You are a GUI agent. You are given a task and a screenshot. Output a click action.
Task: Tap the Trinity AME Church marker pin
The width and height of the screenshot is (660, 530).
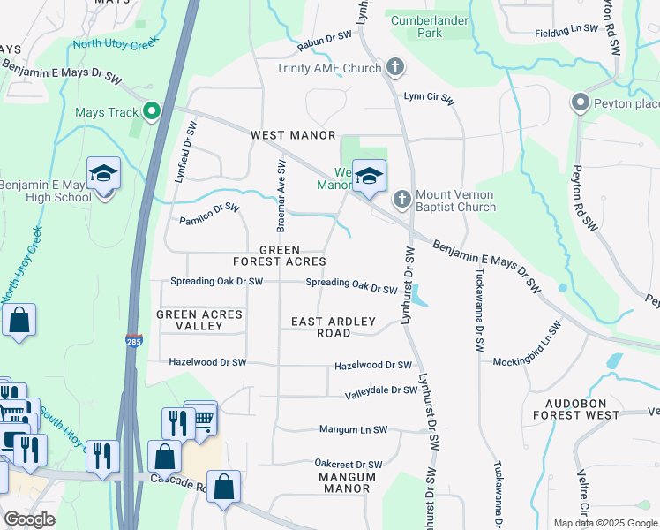point(395,68)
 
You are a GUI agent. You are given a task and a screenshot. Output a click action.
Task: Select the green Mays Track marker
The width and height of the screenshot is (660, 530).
point(152,112)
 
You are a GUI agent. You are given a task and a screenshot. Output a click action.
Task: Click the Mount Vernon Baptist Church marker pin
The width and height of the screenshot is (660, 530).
point(401,200)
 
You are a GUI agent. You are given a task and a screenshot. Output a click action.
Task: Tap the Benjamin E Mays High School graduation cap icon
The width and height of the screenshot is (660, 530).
point(103,174)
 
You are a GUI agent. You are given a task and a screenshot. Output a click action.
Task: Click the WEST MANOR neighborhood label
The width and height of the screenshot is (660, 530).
point(293,135)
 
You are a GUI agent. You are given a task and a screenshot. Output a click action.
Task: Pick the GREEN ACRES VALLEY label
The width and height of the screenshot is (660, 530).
point(190,320)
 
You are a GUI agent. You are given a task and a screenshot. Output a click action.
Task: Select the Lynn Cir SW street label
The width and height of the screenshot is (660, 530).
point(428,97)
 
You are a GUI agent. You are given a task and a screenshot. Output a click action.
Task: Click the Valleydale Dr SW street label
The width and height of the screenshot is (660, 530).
point(380,390)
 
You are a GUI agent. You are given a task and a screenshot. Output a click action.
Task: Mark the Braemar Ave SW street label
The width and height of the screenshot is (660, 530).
point(281,196)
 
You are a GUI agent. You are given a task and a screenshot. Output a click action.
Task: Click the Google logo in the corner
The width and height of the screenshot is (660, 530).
point(30,519)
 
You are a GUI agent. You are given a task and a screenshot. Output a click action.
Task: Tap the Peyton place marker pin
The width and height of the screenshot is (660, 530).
point(580,103)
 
